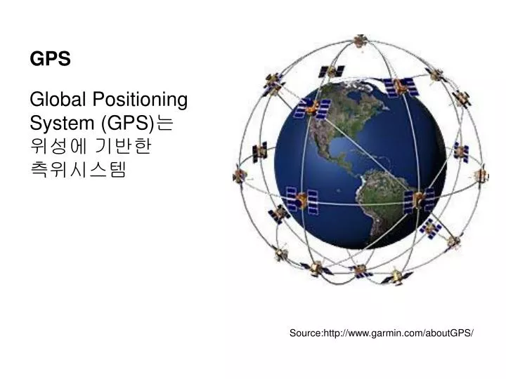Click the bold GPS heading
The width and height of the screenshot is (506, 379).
point(50,59)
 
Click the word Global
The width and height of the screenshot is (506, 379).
point(58,99)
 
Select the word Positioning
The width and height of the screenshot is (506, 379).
point(140,100)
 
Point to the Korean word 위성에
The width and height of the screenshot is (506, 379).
point(59,146)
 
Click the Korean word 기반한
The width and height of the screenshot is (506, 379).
point(123,146)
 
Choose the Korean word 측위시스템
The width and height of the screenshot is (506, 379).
point(78,170)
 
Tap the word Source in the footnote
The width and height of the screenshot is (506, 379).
point(306,333)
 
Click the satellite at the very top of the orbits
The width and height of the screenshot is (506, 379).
point(361,41)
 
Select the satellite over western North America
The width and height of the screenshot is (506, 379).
point(312,108)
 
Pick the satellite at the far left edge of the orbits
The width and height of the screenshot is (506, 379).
point(240,175)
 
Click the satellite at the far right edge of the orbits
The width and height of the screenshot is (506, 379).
point(481,175)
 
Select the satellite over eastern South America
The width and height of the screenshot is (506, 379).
point(419,201)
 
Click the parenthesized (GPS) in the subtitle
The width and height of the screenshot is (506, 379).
point(128,124)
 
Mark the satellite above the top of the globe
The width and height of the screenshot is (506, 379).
point(400,86)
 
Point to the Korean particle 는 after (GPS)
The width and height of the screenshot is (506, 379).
point(164,123)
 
